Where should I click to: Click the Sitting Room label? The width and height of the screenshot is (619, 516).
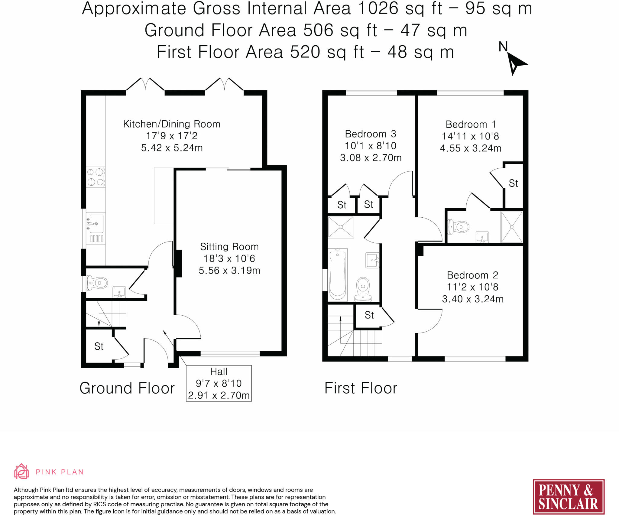(229, 247)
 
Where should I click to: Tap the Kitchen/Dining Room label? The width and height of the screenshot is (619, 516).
(172, 124)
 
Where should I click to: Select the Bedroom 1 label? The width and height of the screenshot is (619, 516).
(471, 124)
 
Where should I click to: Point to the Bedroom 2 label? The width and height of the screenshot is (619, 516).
(472, 275)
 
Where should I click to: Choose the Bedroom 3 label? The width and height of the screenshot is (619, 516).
(371, 134)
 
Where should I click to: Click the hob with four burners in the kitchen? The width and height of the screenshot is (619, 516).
(96, 177)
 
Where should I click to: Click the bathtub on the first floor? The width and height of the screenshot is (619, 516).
(338, 274)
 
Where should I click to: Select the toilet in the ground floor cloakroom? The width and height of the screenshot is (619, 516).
(97, 283)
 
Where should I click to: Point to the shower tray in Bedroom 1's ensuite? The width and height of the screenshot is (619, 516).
(512, 227)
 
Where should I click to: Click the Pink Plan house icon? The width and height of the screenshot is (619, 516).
(21, 471)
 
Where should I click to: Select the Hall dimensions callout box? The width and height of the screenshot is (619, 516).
(219, 383)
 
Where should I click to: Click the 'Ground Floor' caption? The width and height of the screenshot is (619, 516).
(127, 388)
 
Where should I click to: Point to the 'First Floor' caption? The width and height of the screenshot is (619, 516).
(361, 388)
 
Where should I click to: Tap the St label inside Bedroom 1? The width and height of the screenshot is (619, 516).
(513, 183)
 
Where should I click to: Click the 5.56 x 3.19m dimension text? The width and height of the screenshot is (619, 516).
(229, 270)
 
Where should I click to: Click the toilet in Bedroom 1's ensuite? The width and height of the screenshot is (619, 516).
(459, 227)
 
